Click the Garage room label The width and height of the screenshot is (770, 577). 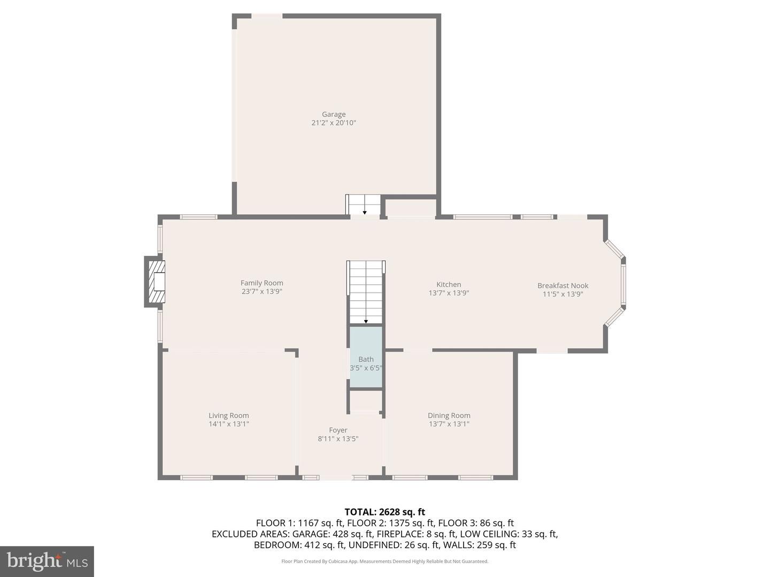point(334,114)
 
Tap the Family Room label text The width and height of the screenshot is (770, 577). point(261,283)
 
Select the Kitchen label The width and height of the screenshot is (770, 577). point(449,284)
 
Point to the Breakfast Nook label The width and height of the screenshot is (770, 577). point(563,285)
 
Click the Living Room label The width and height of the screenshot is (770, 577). point(229,416)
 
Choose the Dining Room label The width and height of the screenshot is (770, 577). point(449,416)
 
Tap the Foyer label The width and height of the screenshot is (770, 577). point(338,430)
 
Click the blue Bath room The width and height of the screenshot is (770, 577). point(366,357)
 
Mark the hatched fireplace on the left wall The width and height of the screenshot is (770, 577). point(156,282)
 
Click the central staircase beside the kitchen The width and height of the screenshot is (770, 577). point(366,292)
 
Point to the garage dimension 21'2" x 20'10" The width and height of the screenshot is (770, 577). point(334,123)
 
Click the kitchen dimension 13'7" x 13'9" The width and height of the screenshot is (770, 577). point(449,293)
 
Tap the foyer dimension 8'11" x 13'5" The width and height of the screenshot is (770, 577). point(338,438)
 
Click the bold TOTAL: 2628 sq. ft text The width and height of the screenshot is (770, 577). point(385,512)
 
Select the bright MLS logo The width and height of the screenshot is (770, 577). point(47,561)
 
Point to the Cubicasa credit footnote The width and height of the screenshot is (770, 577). point(385,561)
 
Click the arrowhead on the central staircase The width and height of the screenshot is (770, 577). point(366,321)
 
